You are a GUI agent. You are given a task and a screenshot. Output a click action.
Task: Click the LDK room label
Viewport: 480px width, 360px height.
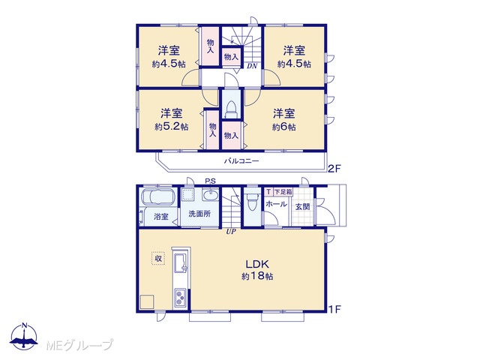257,263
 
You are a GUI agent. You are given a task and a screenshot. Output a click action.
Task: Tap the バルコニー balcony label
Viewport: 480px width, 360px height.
241,160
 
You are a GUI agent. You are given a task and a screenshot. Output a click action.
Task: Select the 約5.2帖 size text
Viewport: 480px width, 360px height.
172,127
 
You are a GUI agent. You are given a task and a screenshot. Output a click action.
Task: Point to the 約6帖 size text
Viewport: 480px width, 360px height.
283,127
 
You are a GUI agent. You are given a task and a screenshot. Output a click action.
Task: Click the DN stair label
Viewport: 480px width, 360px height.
252,66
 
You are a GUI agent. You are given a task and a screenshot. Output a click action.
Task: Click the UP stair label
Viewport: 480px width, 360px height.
231,232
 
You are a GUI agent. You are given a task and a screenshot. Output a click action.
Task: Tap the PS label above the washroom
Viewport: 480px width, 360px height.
210,181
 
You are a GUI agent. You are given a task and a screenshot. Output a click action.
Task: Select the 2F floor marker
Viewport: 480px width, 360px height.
334,169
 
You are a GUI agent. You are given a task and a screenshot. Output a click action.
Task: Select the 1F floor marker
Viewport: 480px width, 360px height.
334,310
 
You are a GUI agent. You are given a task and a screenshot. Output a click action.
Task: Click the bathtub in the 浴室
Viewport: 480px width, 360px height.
158,196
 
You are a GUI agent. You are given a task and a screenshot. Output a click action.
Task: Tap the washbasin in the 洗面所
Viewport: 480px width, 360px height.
210,195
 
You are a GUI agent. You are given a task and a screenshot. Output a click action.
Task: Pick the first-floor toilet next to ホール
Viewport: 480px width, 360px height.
253,202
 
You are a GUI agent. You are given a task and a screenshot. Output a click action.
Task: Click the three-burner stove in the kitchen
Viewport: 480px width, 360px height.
180,297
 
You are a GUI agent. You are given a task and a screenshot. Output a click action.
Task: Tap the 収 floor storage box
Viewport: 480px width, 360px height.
158,258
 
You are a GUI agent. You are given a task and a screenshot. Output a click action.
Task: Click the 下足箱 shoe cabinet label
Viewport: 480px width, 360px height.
283,192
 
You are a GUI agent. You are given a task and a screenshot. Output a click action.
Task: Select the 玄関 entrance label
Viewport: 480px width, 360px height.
302,207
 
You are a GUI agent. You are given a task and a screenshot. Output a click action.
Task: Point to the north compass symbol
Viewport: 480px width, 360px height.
24,336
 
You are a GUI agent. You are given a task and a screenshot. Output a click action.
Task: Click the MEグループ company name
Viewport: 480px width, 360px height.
80,345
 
